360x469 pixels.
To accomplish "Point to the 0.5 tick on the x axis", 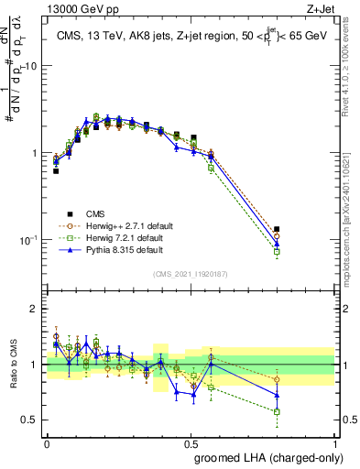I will (191, 442).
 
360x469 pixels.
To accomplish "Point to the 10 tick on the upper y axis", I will (31, 66).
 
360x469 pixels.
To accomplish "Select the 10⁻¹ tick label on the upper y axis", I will (28, 240).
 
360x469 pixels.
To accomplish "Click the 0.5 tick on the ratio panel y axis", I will (31, 420).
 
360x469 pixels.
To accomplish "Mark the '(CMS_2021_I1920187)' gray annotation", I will (191, 274).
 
